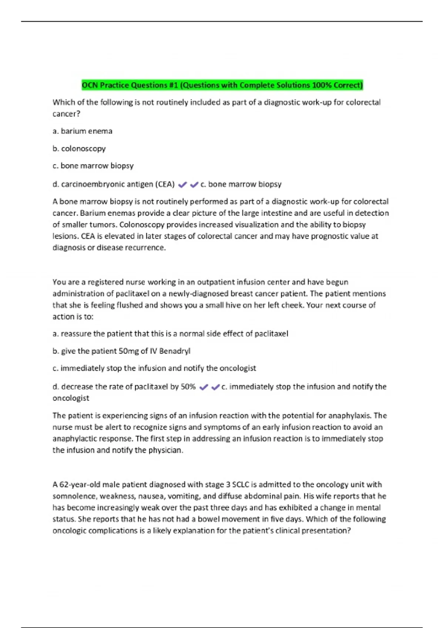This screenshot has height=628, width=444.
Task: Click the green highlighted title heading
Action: [x=222, y=85]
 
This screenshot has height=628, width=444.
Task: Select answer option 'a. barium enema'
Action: [x=83, y=131]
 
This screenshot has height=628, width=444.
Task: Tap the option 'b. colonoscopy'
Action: [x=79, y=149]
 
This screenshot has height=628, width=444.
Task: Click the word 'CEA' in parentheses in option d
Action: [x=165, y=184]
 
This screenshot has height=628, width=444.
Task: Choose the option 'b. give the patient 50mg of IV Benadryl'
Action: [x=121, y=351]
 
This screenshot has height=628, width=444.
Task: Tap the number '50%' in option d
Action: [x=188, y=387]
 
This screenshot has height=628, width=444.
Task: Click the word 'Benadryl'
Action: [x=175, y=351]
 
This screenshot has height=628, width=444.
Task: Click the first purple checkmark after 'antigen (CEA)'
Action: [x=182, y=185]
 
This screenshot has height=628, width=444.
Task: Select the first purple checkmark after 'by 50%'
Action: [x=203, y=387]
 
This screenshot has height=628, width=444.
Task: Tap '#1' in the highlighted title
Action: [x=173, y=85]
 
